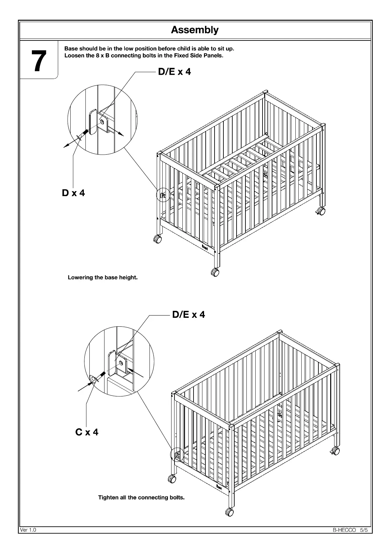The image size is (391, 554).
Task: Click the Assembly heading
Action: pos(195,30)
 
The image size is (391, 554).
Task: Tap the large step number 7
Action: pos(39,61)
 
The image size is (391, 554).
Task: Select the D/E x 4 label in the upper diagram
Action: pos(174,72)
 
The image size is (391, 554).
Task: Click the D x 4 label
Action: pos(73,193)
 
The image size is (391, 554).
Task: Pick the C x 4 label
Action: pos(87,432)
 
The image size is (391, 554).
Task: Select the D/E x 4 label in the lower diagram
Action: pos(188,315)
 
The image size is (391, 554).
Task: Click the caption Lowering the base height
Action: pos(103,277)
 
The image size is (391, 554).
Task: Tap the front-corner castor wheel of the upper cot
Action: pos(215,272)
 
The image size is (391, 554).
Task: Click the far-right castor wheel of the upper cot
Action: pos(321,211)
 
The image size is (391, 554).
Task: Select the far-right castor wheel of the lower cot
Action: pos(335,451)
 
